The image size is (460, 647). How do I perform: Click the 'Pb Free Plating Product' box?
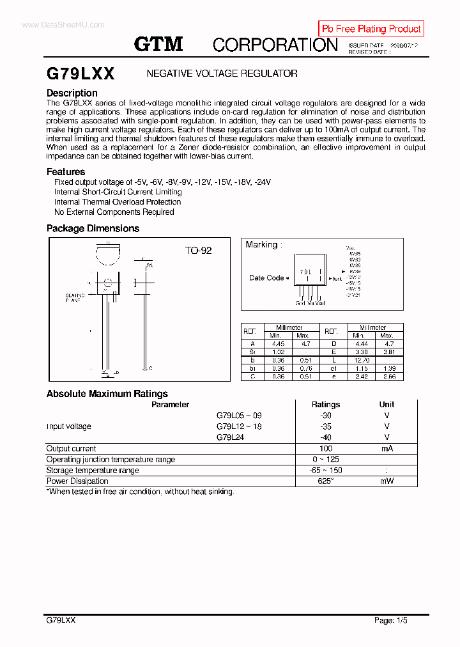(x=371, y=29)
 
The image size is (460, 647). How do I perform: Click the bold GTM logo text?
(x=158, y=44)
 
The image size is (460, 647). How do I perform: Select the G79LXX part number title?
(x=80, y=74)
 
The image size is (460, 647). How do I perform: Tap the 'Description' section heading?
(x=72, y=93)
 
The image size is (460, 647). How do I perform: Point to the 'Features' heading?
(x=66, y=171)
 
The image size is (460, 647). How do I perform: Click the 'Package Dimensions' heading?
(x=93, y=228)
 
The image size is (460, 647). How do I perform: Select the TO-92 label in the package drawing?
(x=198, y=251)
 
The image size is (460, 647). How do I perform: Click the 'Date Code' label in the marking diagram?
(x=266, y=277)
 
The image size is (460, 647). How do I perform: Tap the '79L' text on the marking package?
(x=306, y=272)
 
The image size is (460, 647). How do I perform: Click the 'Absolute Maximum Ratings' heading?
(x=107, y=394)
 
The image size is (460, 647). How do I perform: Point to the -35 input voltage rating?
(x=326, y=426)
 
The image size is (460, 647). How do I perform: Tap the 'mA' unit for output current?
(x=387, y=449)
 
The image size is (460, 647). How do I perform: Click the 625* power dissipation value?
(x=326, y=481)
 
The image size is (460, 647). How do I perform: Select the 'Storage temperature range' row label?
(x=93, y=471)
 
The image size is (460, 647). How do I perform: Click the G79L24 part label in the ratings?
(x=231, y=437)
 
